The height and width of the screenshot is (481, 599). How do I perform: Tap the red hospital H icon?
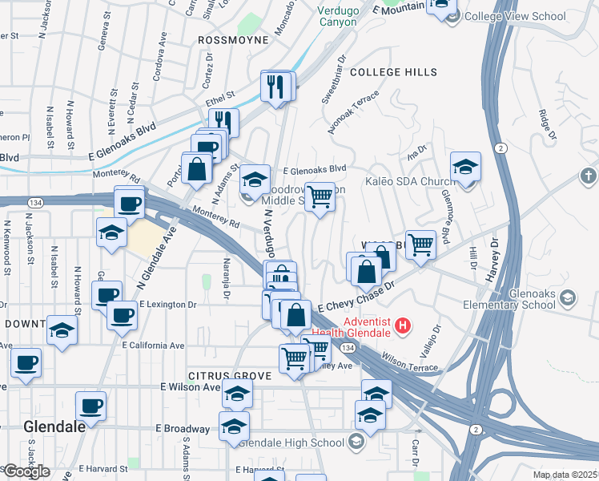[404, 326]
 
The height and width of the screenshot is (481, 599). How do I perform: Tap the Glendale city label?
[54, 426]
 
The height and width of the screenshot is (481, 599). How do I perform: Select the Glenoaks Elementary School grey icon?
[568, 298]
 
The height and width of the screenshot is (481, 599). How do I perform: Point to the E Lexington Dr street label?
[168, 305]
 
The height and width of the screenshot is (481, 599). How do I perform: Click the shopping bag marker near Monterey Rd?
[196, 169]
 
